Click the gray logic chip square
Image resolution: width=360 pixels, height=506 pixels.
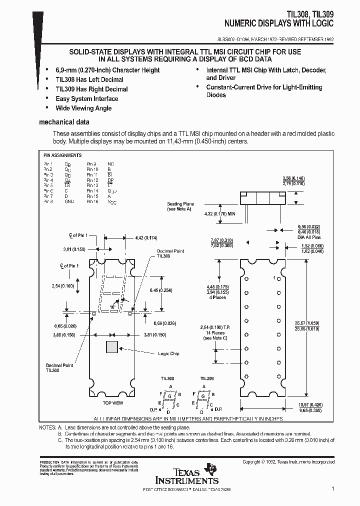pos(112,348)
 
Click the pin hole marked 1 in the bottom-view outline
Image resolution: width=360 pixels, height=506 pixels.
pos(279,278)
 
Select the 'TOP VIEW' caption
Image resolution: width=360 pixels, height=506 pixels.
pos(112,402)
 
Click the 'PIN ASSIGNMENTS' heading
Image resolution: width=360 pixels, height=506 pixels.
pos(62,155)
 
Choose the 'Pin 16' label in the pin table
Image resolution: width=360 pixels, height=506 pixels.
pos(92,201)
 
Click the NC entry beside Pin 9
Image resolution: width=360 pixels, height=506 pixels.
pos(110,163)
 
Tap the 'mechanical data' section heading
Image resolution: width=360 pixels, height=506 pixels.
pos(64,122)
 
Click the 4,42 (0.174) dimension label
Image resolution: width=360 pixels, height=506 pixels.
pos(146,238)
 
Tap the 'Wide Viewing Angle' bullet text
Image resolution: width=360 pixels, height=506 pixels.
pos(83,108)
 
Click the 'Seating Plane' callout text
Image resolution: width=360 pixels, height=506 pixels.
pos(180,204)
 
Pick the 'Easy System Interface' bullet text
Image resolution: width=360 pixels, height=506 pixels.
pos(86,98)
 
